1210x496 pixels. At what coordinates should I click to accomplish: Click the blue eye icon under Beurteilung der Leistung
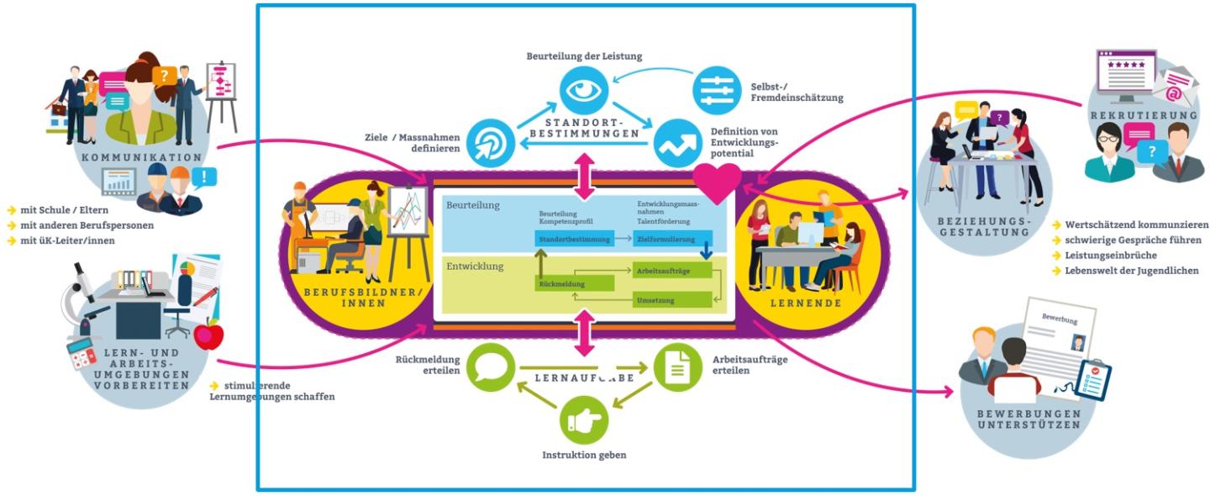point(584,90)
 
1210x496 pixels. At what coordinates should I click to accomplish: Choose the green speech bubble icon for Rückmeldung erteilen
point(490,367)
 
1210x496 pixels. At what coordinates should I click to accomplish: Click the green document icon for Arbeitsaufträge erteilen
point(677,367)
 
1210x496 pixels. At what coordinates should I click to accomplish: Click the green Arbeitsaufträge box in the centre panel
point(672,271)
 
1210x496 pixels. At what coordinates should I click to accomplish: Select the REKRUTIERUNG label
point(1125,114)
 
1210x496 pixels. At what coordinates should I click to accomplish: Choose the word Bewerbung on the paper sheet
point(1059,319)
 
